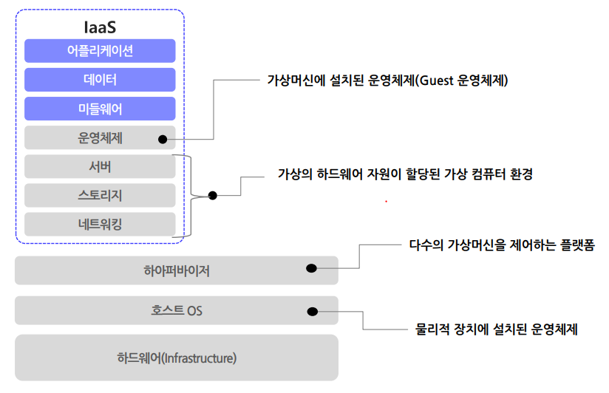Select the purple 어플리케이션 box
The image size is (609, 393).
[99, 51]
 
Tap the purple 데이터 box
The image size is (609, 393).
[99, 80]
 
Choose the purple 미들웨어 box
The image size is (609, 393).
[99, 109]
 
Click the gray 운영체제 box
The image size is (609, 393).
[99, 137]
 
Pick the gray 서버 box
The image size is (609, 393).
[99, 166]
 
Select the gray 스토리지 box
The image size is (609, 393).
[99, 195]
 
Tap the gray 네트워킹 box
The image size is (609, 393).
[99, 224]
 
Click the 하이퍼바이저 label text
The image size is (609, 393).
[177, 270]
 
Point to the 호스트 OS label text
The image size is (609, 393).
[177, 310]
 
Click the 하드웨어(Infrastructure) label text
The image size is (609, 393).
[177, 358]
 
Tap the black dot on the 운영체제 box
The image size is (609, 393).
[160, 137]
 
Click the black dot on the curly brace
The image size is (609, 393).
[213, 196]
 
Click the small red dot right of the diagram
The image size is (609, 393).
[385, 201]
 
